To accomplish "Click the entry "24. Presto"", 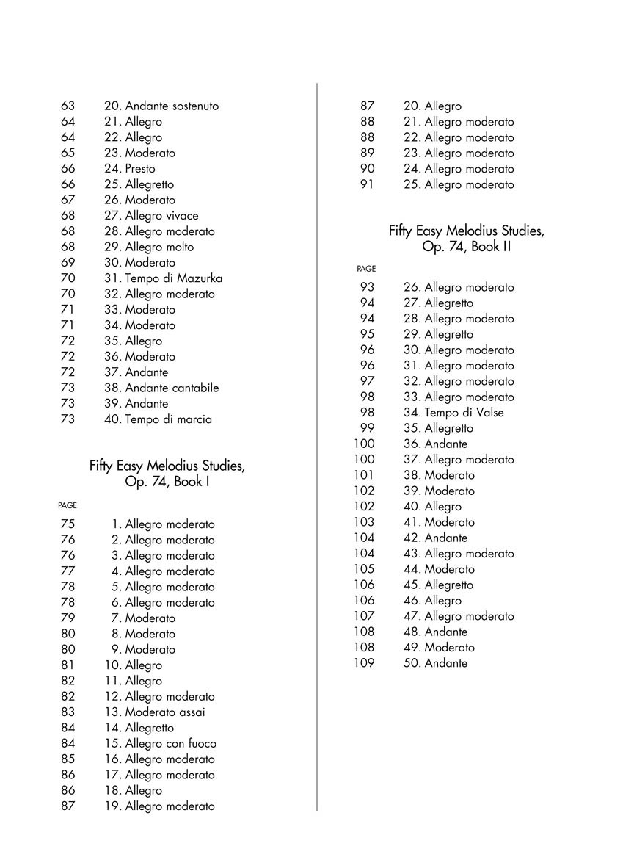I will point(130,169).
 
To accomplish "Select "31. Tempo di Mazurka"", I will point(163,278).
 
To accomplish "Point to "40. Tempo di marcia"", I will point(158,419).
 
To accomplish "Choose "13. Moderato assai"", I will point(155,712).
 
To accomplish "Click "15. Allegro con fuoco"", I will point(160,743).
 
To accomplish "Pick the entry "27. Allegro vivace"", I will point(151,216).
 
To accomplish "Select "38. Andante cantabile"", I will point(161,388).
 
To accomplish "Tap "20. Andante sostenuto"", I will point(161,106).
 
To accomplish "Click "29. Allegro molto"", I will point(149,247).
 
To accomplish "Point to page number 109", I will point(364,663).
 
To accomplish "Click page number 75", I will point(68,524).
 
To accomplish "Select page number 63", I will point(68,106).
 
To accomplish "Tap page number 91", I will point(368,184).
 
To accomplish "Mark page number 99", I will point(368,428).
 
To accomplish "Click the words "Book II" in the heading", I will point(491,247).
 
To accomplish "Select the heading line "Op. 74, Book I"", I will point(167,482).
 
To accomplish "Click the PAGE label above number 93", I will point(366,270).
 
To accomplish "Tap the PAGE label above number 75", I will point(68,506).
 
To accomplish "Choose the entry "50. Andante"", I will point(435,663).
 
